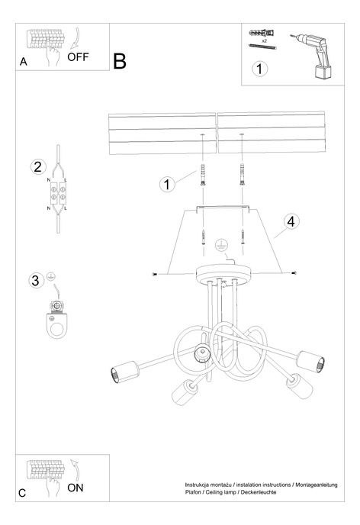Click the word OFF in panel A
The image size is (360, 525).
pyautogui.click(x=79, y=56)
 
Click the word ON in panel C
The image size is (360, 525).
pyautogui.click(x=75, y=488)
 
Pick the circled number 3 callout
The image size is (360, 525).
pyautogui.click(x=36, y=280)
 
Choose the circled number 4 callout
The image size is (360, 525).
pyautogui.click(x=290, y=221)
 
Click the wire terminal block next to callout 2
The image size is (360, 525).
pyautogui.click(x=59, y=195)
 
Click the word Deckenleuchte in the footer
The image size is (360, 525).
pyautogui.click(x=257, y=493)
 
